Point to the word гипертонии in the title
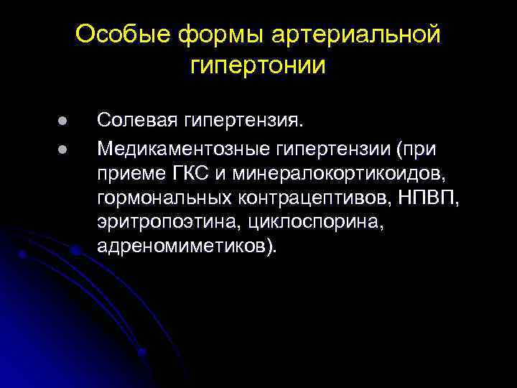(x=258, y=65)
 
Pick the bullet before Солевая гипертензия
(x=43, y=121)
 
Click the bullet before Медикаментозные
(x=43, y=149)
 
